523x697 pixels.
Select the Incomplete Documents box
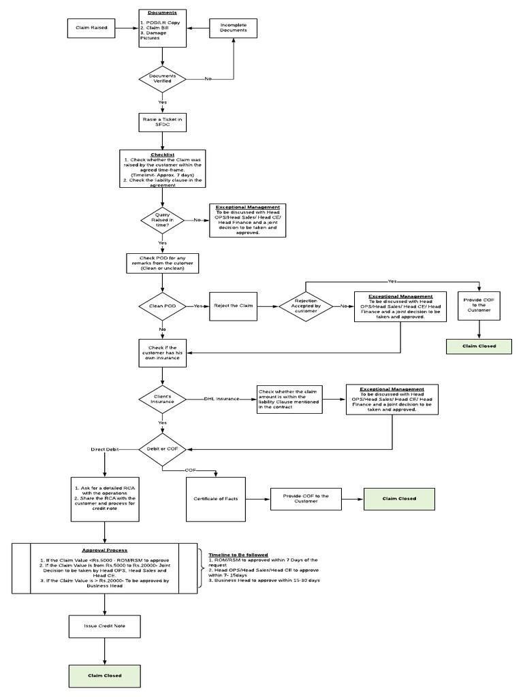coord(234,28)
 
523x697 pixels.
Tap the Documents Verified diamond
coord(162,79)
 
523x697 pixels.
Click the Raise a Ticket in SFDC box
coord(162,120)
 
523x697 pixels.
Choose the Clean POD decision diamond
coord(162,306)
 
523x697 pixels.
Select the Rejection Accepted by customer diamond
coord(305,306)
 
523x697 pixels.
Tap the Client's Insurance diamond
coord(162,399)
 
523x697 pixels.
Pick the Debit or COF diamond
coord(162,449)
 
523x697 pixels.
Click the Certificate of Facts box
coord(216,500)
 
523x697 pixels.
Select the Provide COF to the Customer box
coord(306,499)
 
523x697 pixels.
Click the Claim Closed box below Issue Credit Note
coord(105,675)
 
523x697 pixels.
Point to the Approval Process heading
coord(104,550)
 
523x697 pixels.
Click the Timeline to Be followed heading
coord(238,555)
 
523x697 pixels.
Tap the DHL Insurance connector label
coord(221,399)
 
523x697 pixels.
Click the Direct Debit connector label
coord(106,449)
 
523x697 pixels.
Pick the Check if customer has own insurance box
coord(162,353)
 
